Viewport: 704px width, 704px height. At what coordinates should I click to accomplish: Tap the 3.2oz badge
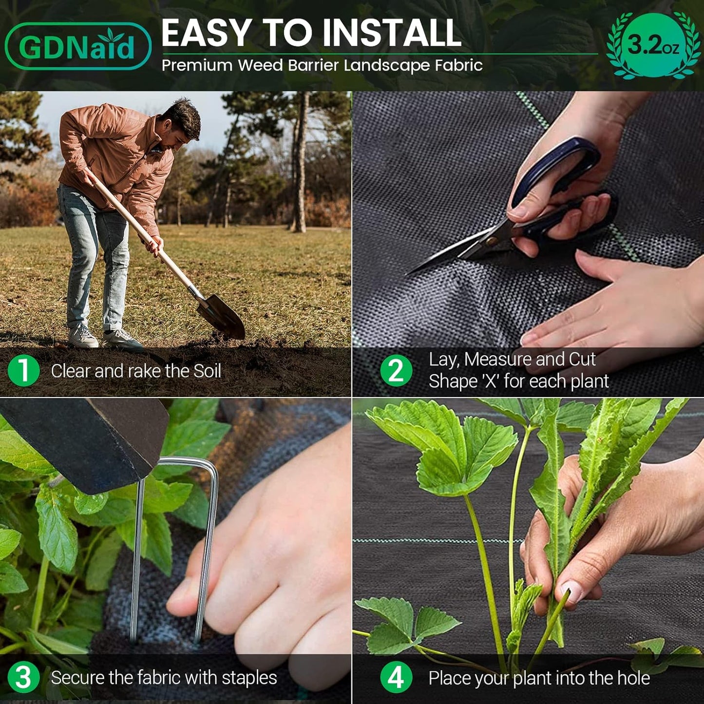tap(653, 45)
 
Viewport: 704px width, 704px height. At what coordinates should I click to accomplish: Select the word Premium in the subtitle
tap(197, 65)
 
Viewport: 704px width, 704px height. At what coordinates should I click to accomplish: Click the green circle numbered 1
tap(23, 371)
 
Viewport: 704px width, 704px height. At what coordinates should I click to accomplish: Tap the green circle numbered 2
tap(396, 371)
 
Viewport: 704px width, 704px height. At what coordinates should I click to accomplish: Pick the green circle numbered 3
tap(23, 677)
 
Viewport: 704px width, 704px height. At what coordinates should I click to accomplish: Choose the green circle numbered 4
tap(396, 677)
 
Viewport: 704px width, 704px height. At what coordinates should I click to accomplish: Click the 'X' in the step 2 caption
tap(490, 381)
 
